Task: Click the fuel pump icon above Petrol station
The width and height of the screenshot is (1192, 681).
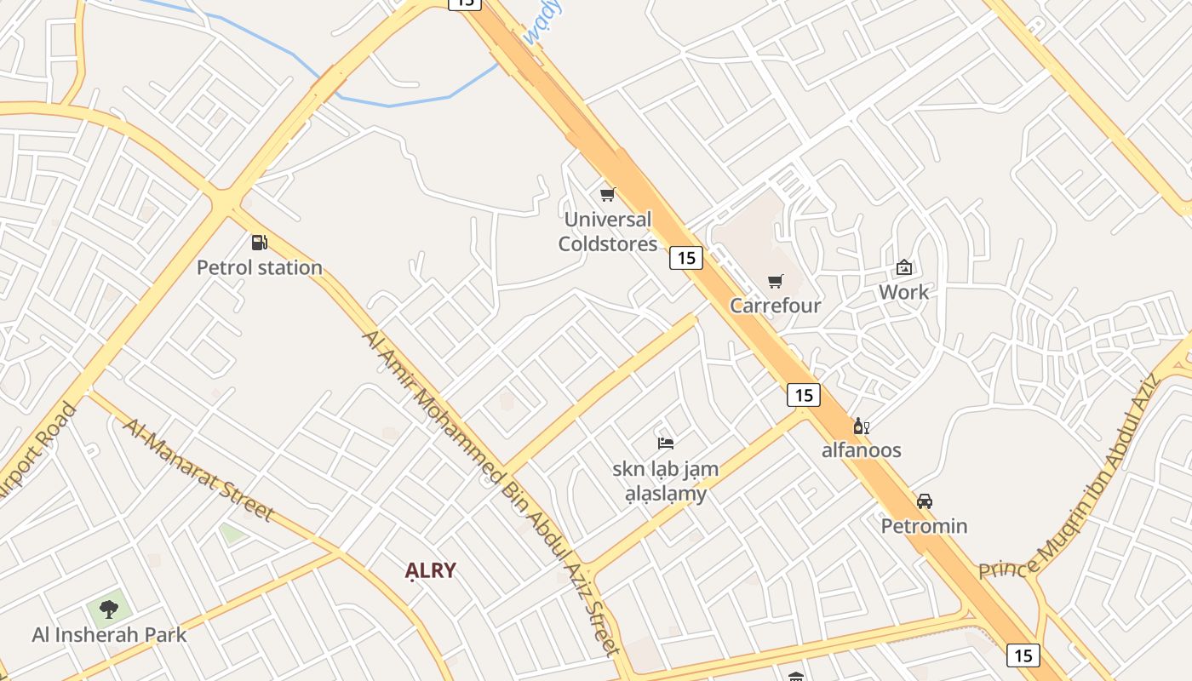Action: coord(259,243)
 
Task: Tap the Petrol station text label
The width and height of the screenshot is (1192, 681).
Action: coord(260,267)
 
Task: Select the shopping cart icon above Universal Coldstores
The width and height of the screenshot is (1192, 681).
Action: coord(608,195)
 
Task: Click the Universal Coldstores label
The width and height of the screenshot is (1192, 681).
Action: coord(608,232)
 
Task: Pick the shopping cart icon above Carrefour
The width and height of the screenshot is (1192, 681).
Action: coord(776,282)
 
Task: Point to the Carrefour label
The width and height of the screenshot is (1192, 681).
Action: coord(776,306)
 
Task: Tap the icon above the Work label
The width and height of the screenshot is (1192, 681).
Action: coord(904,268)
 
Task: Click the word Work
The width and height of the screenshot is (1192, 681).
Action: coord(904,292)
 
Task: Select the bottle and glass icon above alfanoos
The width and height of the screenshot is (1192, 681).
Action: coord(861,426)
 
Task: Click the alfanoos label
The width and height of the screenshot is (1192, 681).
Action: coord(861,450)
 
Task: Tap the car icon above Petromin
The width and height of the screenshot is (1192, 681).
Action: coord(925,501)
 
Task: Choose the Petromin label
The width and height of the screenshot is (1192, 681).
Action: coord(925,525)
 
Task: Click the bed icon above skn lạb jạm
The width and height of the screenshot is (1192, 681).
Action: coord(666,443)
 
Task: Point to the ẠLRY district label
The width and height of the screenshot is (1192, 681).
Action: coord(431,570)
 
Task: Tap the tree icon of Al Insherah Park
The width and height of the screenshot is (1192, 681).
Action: coord(109,609)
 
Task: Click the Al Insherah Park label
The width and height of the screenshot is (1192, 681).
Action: coord(109,634)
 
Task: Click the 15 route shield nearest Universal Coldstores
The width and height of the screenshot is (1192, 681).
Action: coord(685,257)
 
